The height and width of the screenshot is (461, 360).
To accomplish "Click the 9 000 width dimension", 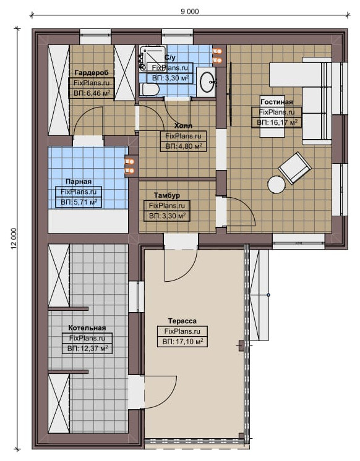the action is pos(189,12).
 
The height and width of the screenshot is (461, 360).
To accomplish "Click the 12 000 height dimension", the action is pos(14,239).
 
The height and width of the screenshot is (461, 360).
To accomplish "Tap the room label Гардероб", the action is pos(92,72).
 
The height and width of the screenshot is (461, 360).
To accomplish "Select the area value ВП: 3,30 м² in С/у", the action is pos(170,78).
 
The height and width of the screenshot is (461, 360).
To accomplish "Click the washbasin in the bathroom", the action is pos(207,82).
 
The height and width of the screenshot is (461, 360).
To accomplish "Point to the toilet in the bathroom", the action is pos(149,89).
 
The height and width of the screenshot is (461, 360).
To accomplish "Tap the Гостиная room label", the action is pos(276,102).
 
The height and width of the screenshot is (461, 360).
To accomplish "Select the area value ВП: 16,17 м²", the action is pos(276,122).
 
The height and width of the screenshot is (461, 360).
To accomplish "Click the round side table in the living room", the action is pos(276,184).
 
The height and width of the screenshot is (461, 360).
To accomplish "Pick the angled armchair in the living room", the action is pos(294,168).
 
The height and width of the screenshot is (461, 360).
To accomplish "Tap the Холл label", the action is pos(183,126).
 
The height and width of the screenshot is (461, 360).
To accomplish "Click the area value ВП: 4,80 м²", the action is pos(183,146).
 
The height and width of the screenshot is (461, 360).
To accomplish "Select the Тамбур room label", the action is pos(167,195).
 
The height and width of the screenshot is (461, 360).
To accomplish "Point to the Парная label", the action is pos(79,182).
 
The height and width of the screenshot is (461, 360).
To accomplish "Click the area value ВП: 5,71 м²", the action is pos(79,202).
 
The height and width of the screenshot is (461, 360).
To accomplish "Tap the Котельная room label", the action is pos(87,328).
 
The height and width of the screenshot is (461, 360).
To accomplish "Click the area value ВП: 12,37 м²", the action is pos(87,349).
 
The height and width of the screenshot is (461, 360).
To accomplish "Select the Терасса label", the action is pos(182,321).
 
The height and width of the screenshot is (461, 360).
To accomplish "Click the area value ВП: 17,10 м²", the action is pos(182,342).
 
